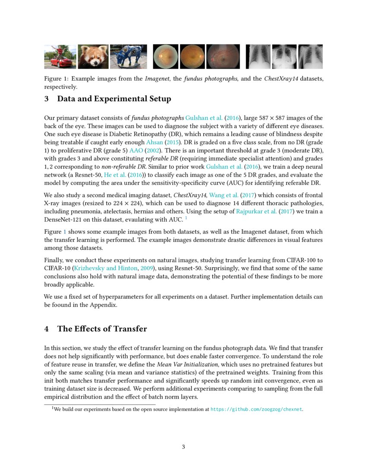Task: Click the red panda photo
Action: point(93,57)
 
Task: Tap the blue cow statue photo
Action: point(128,57)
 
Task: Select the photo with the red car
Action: point(60,57)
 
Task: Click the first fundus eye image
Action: point(165,57)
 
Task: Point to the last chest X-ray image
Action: point(310,57)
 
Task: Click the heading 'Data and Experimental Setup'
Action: point(114,99)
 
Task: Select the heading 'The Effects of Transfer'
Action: point(102,329)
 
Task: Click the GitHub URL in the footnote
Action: point(256,409)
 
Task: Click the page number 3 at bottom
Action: point(183,447)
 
